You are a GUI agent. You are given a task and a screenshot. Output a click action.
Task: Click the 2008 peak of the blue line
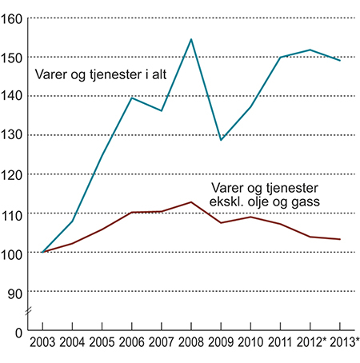190,39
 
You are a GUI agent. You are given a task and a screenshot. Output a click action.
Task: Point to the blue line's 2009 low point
221,140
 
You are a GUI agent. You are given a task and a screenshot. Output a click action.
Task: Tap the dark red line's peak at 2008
190,202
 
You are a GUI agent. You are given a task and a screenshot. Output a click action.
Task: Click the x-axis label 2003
42,344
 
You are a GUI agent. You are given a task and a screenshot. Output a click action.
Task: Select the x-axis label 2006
131,344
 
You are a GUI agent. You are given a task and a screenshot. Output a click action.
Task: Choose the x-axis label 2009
221,344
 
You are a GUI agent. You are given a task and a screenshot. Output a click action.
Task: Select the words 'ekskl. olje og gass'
270,202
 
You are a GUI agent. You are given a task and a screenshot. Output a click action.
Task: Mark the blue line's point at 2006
131,98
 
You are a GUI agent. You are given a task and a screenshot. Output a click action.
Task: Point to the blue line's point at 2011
281,58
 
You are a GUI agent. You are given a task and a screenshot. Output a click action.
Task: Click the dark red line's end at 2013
340,239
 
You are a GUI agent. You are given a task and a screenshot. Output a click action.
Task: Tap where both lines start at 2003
42,252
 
